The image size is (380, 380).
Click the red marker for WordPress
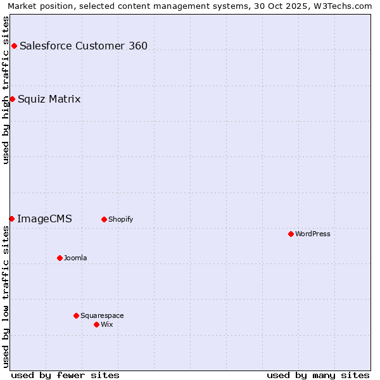tap(291, 234)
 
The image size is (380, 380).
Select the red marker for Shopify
tap(104, 219)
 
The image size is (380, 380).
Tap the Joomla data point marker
tap(60, 258)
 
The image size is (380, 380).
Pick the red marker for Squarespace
tap(76, 315)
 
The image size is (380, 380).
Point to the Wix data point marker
tap(96, 324)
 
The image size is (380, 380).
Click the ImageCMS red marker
tap(11, 218)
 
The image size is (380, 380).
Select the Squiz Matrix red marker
tap(12, 99)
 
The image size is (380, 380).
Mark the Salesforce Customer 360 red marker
tap(14, 46)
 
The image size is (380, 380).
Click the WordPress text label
tap(313, 234)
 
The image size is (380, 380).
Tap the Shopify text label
tap(120, 219)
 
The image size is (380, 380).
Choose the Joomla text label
tap(75, 258)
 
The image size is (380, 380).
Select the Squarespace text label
tap(102, 315)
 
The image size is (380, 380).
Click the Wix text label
tap(107, 324)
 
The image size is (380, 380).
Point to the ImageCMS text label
tap(44, 219)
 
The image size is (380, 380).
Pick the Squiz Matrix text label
tap(49, 99)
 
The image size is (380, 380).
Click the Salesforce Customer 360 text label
tap(84, 46)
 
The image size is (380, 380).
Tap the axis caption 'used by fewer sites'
tap(65, 375)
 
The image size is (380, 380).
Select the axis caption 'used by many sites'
tap(318, 375)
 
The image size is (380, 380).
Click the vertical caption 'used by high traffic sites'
tap(6, 90)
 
